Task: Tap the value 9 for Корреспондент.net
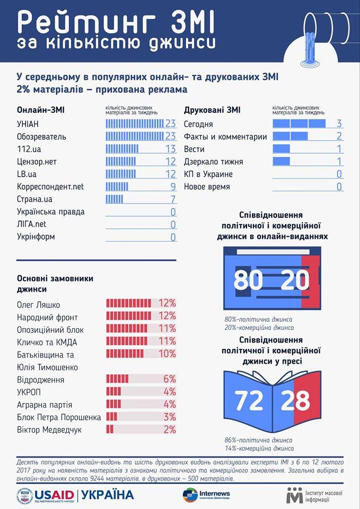tap(172, 187)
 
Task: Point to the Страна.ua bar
tap(115, 199)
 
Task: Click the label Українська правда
tap(51, 212)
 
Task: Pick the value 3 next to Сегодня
tap(339, 124)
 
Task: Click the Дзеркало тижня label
tap(214, 162)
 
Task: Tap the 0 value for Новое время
tap(339, 187)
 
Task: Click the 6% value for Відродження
tap(169, 380)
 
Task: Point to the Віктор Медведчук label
tap(49, 429)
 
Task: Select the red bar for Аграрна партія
tap(114, 405)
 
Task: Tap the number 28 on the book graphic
tap(296, 401)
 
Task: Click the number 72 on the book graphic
tap(249, 401)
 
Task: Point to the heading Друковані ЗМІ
tap(212, 110)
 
